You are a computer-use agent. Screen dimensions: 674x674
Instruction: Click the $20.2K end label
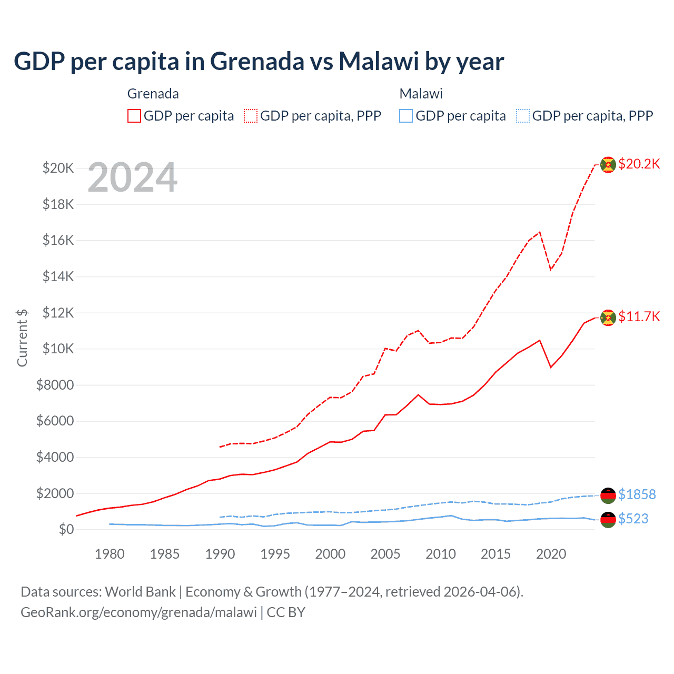tap(639, 164)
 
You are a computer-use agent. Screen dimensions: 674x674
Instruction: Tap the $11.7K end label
tap(639, 316)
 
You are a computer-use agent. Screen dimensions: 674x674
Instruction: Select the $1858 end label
tap(637, 494)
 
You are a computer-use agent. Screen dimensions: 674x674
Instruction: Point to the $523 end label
tap(633, 519)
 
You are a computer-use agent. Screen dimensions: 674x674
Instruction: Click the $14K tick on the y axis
tap(58, 276)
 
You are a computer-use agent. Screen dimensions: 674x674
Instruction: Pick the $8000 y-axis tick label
tap(55, 385)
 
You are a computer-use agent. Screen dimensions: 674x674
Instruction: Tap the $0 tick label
tap(66, 529)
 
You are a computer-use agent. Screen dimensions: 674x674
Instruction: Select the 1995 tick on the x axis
tap(275, 554)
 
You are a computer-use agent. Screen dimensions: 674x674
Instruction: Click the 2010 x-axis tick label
tap(441, 554)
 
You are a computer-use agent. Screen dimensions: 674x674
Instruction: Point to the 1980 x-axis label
tap(110, 554)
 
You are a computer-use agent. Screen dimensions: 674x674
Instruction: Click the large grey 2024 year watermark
tap(133, 178)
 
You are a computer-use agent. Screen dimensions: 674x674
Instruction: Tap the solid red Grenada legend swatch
tap(134, 116)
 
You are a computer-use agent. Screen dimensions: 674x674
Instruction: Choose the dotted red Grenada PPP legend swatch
tap(251, 116)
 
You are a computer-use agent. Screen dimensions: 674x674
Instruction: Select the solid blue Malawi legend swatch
tap(406, 116)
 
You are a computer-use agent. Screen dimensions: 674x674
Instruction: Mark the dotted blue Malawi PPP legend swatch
tap(523, 116)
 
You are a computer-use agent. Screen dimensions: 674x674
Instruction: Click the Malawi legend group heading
tap(421, 94)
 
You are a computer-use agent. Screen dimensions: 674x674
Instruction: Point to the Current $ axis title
tap(22, 338)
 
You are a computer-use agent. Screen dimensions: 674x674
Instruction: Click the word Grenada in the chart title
tap(257, 61)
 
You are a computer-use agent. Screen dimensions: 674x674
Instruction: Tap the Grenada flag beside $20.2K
tap(608, 165)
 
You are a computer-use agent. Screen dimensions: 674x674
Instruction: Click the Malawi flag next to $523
tap(608, 520)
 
